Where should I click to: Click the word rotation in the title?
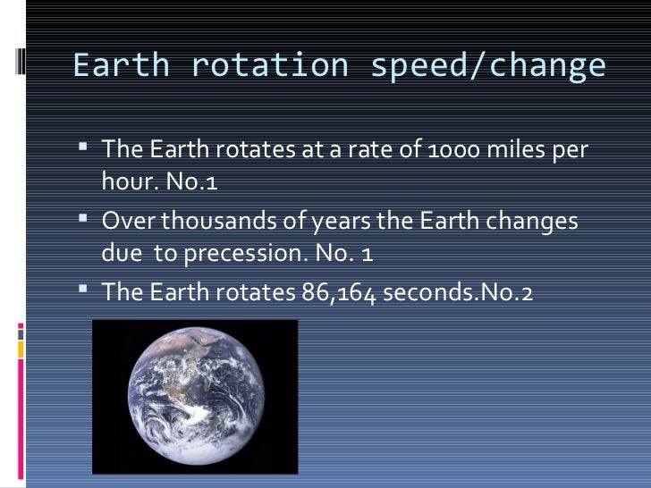click(265, 66)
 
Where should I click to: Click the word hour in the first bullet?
click(123, 181)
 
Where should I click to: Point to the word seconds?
click(424, 291)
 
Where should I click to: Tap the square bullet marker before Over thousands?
click(83, 217)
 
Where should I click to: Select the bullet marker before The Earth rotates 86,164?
click(83, 289)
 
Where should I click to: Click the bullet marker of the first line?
click(83, 146)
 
